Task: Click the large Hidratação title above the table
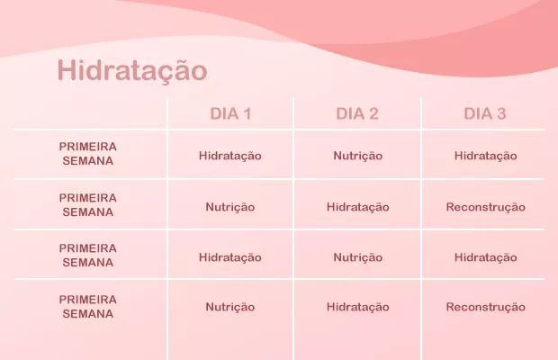(x=132, y=71)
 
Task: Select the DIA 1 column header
(x=230, y=113)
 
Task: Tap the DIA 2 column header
(x=357, y=113)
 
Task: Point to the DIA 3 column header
(x=485, y=113)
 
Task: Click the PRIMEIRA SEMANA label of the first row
(x=88, y=154)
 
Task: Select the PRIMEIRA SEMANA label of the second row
(x=88, y=205)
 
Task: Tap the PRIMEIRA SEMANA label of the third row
(x=88, y=255)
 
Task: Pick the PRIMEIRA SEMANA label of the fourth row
(x=88, y=307)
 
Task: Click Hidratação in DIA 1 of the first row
(x=230, y=157)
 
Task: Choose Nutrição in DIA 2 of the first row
(x=358, y=157)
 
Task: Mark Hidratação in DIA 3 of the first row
(x=486, y=157)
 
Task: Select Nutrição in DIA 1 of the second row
(x=230, y=207)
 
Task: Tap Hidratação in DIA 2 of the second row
(x=358, y=207)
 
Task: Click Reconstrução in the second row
(x=486, y=207)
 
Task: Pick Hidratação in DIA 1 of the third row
(x=230, y=258)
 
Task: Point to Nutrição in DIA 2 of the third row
(x=358, y=258)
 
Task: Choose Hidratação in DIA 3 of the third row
(x=486, y=258)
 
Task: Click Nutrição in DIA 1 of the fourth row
(x=230, y=308)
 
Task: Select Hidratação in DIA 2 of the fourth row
(x=358, y=308)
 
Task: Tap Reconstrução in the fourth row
(x=486, y=308)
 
